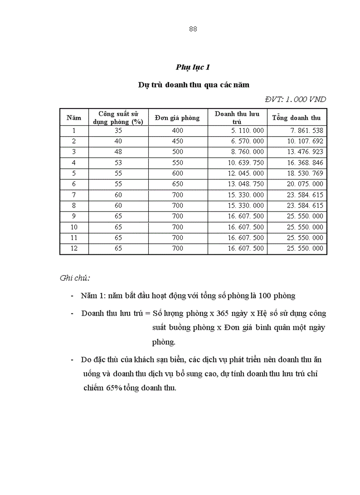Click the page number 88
tap(193, 29)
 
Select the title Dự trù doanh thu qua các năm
tap(193, 85)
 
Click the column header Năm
tap(74, 118)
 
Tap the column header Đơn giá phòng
tap(177, 118)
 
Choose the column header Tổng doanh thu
tap(296, 118)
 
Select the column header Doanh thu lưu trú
tap(237, 117)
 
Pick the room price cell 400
tap(178, 130)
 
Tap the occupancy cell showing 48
tap(118, 152)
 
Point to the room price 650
tap(178, 184)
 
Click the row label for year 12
tap(74, 249)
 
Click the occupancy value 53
tap(118, 163)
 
